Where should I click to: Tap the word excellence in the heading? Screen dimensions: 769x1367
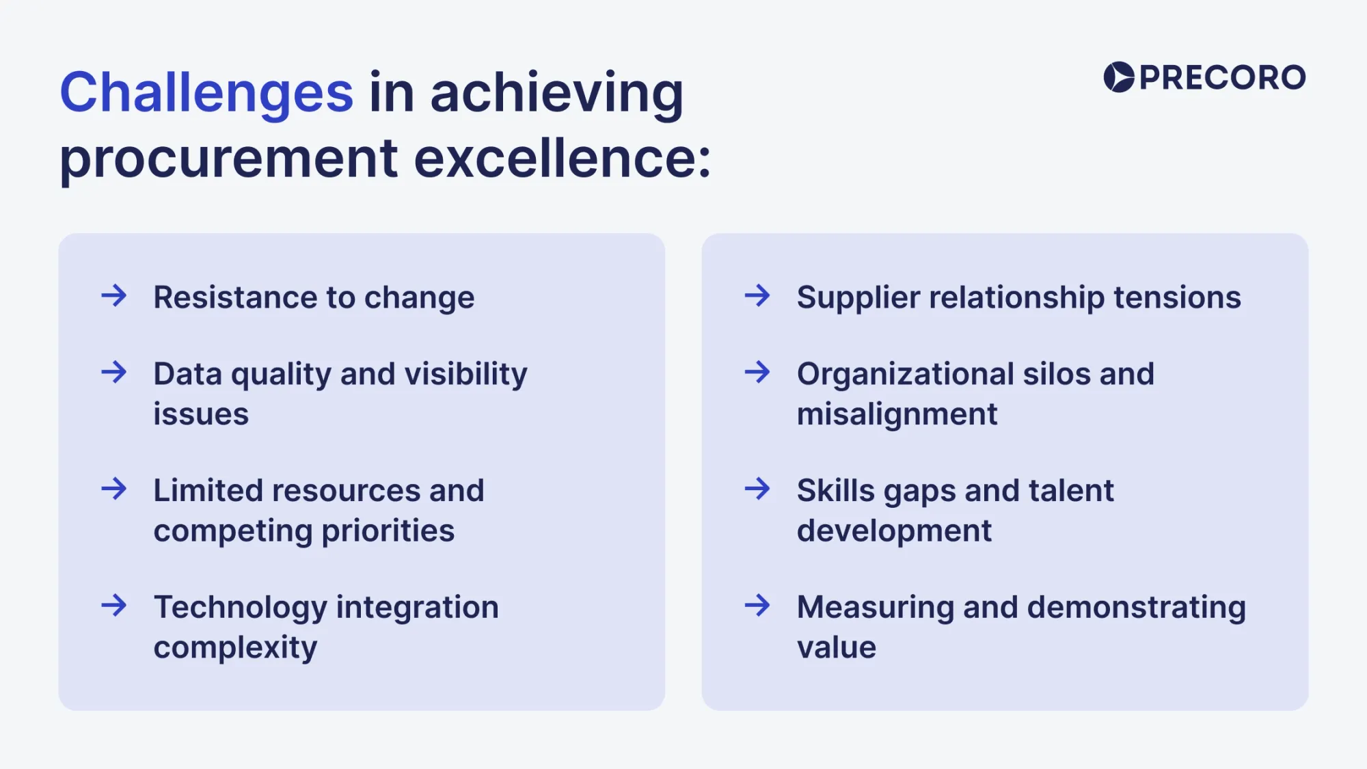click(562, 159)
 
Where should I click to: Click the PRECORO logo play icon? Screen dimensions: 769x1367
click(1119, 77)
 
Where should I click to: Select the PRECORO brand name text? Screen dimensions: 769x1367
click(1222, 78)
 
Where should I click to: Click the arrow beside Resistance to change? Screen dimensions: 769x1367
click(114, 296)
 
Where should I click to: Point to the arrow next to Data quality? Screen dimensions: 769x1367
click(114, 373)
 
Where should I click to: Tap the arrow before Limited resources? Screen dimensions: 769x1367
click(114, 489)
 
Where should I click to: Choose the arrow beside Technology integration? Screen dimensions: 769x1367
click(114, 606)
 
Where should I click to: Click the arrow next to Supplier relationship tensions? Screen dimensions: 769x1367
click(757, 296)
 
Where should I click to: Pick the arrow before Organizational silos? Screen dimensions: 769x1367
click(757, 373)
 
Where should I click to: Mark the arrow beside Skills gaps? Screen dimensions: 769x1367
click(757, 489)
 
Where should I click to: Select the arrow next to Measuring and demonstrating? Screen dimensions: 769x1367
click(757, 606)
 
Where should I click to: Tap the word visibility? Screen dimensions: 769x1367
click(465, 374)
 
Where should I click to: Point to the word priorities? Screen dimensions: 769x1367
click(388, 531)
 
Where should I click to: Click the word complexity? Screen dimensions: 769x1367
click(235, 647)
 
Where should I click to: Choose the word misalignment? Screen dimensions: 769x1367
click(897, 414)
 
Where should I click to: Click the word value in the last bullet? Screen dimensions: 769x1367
click(836, 647)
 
